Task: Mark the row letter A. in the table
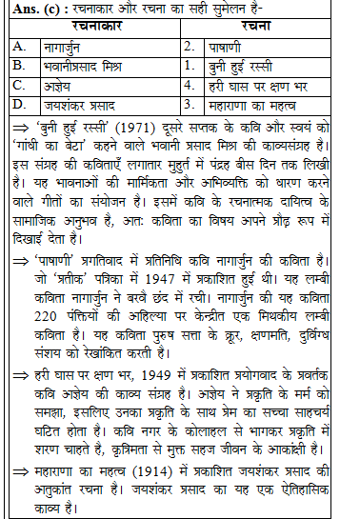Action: click(x=19, y=46)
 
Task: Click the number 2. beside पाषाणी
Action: click(x=191, y=46)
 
